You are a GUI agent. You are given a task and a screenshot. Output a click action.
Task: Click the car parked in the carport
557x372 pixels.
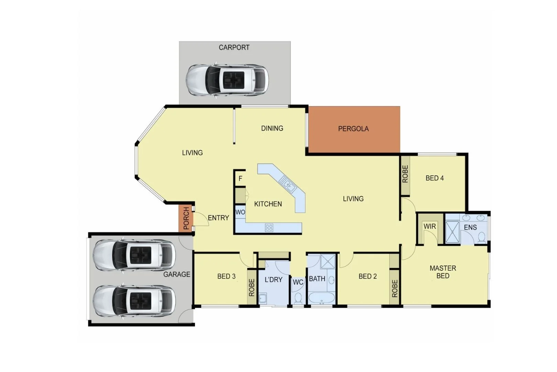point(227,80)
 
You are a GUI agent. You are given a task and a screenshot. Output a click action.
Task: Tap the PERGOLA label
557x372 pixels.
point(353,129)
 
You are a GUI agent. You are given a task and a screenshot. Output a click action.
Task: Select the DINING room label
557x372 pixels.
point(272,128)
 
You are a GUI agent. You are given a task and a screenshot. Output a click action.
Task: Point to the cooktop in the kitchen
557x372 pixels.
point(269,227)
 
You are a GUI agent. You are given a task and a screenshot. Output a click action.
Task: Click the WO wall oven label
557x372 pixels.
point(240,212)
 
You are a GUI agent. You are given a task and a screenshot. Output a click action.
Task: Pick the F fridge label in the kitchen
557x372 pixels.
point(240,179)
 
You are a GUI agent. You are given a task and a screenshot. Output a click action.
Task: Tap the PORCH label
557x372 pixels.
point(186,218)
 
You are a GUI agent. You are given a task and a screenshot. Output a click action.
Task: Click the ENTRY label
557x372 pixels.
point(218,218)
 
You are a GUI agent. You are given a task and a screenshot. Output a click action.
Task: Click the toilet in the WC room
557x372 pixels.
point(298,298)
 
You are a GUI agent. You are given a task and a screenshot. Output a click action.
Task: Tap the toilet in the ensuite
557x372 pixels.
point(482,237)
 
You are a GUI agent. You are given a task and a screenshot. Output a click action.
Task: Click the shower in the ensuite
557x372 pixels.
point(452,232)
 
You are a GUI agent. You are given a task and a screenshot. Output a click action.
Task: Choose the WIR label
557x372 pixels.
point(430,227)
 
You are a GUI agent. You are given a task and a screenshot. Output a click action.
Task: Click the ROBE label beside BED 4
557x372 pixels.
point(405,174)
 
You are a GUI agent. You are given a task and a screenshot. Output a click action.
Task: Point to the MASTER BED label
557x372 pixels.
point(443,272)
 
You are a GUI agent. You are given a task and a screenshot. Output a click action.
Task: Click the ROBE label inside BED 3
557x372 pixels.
point(252,288)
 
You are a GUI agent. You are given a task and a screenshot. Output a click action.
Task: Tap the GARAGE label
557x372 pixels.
point(176,274)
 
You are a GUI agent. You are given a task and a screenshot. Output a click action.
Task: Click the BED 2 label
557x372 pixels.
point(368,276)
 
